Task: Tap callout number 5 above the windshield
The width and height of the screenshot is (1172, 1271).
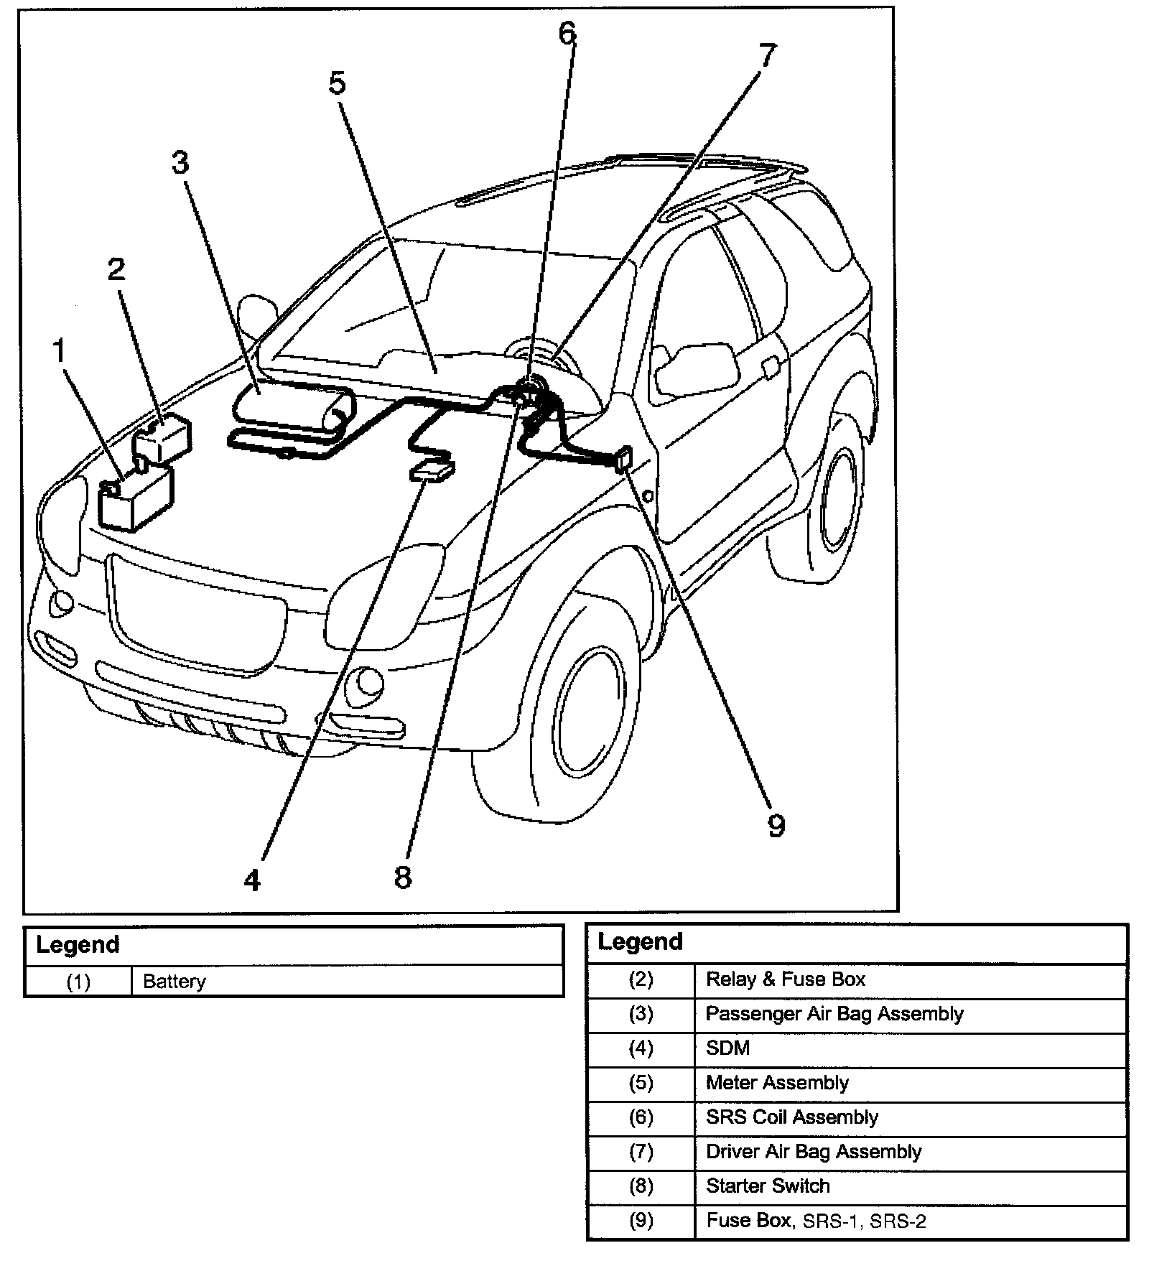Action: click(x=338, y=84)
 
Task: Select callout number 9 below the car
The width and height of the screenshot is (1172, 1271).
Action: click(x=776, y=826)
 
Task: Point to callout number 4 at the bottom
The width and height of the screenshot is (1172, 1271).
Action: click(x=252, y=880)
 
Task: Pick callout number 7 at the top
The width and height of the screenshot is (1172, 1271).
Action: click(x=767, y=55)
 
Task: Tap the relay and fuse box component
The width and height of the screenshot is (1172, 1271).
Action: click(x=164, y=437)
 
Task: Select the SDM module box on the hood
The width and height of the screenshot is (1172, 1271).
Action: click(x=432, y=472)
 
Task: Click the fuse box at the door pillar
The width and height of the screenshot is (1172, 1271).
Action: click(x=624, y=458)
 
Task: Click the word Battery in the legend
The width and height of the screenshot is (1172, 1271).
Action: click(x=175, y=982)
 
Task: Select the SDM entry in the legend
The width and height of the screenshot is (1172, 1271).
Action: click(x=727, y=1048)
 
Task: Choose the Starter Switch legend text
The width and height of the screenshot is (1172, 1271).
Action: click(x=768, y=1186)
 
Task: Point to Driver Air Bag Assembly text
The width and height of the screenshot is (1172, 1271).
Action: click(x=813, y=1152)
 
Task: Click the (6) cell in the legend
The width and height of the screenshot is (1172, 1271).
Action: click(x=641, y=1117)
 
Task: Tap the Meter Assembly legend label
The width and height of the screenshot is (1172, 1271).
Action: click(x=777, y=1083)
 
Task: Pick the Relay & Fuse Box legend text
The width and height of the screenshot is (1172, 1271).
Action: click(x=786, y=979)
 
